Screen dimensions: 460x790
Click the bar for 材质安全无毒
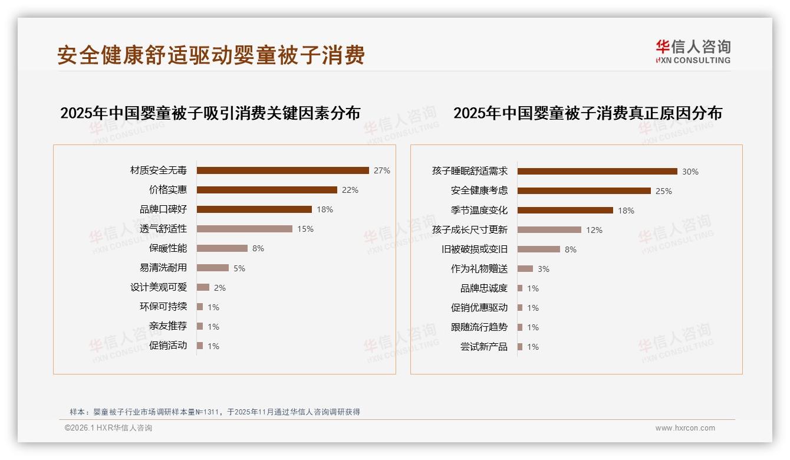click(x=282, y=170)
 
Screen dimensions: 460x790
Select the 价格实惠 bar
click(x=266, y=190)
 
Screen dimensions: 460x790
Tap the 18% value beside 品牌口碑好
click(x=325, y=209)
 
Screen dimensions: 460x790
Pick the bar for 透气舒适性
click(x=244, y=229)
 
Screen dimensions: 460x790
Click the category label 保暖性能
click(x=168, y=248)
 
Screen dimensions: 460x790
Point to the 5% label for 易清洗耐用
click(x=239, y=268)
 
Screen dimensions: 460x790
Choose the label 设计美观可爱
click(x=159, y=287)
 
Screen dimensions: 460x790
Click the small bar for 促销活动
click(x=200, y=346)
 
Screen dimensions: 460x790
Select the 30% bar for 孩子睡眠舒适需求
click(x=597, y=172)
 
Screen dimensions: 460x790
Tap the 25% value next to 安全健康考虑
click(x=664, y=191)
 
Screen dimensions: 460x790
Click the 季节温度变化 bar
click(x=565, y=211)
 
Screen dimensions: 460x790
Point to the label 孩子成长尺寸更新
click(x=470, y=229)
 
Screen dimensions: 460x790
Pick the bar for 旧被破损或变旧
click(x=538, y=249)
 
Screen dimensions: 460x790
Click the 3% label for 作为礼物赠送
click(x=544, y=269)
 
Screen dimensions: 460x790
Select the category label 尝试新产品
click(x=484, y=347)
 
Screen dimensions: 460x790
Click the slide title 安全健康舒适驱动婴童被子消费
click(x=211, y=55)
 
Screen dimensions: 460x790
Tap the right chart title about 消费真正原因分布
click(x=588, y=113)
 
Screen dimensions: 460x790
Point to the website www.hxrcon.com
click(x=685, y=428)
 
